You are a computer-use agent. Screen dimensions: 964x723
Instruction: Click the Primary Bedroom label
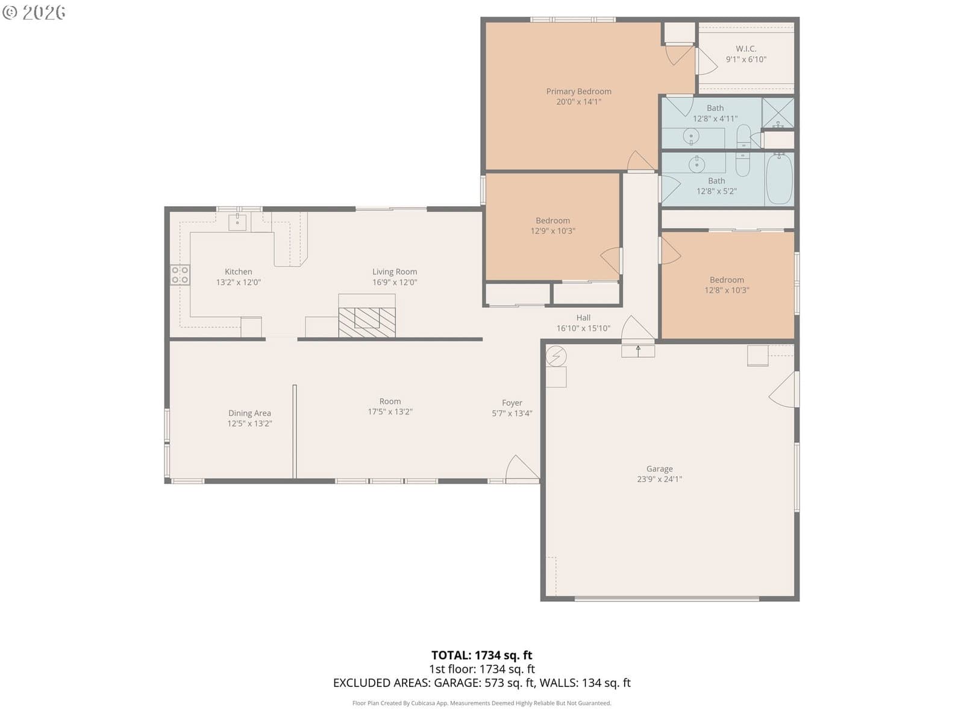(x=578, y=92)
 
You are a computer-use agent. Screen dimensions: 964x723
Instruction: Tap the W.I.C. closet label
(x=746, y=49)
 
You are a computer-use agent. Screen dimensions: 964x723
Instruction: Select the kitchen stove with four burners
(x=180, y=275)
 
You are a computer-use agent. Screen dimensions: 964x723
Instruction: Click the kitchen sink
(x=237, y=222)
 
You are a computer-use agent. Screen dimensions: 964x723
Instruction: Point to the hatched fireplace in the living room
(x=367, y=322)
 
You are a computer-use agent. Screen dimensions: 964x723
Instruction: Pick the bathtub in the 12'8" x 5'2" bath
(x=779, y=178)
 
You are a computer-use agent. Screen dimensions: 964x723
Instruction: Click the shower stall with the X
(x=778, y=113)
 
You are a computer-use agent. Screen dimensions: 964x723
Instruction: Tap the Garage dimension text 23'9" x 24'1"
(x=659, y=479)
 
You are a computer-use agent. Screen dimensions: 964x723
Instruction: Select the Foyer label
(x=512, y=402)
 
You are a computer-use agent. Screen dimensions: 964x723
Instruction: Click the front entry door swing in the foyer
(x=522, y=469)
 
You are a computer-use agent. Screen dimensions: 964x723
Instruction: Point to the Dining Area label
(x=249, y=413)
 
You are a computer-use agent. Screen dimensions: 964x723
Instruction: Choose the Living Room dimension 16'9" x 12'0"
(x=395, y=282)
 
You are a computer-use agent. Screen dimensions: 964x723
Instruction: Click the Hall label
(x=583, y=318)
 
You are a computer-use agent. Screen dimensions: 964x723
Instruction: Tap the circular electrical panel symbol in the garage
(x=556, y=356)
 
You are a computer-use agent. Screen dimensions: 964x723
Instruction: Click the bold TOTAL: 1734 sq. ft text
(x=482, y=655)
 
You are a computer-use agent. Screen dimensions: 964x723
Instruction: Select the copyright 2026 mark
(x=34, y=12)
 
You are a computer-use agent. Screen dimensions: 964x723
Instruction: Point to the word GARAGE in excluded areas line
(x=457, y=683)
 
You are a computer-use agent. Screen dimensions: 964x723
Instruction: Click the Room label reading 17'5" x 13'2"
(x=390, y=407)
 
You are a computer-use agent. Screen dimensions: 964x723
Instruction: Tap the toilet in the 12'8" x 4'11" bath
(x=743, y=136)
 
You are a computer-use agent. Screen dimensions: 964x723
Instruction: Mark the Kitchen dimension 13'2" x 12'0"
(x=238, y=282)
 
